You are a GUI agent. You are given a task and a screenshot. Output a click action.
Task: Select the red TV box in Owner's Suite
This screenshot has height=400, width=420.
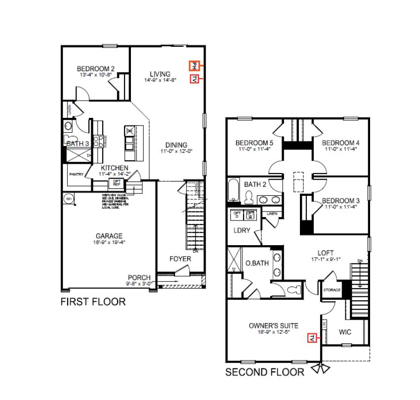click(312, 338)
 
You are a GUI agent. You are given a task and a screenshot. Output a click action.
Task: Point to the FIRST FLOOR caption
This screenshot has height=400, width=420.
click(93, 301)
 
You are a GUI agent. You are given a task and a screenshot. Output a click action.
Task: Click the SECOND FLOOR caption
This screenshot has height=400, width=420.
click(265, 372)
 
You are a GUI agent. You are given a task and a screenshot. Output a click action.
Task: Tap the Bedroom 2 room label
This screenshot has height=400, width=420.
click(96, 69)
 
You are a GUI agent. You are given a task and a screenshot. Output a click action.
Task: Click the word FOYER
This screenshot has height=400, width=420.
click(180, 259)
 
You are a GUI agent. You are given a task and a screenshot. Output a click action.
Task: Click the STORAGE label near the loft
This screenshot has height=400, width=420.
click(332, 290)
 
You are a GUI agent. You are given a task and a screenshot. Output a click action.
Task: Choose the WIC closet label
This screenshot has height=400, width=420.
click(345, 332)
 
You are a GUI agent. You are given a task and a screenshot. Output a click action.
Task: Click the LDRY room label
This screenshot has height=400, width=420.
click(242, 230)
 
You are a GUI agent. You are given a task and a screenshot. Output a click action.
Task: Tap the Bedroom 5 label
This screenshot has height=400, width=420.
click(254, 143)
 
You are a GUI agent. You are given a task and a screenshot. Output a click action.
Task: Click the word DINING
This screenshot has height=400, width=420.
click(176, 145)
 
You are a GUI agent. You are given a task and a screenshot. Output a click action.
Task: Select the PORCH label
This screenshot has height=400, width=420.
click(138, 278)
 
